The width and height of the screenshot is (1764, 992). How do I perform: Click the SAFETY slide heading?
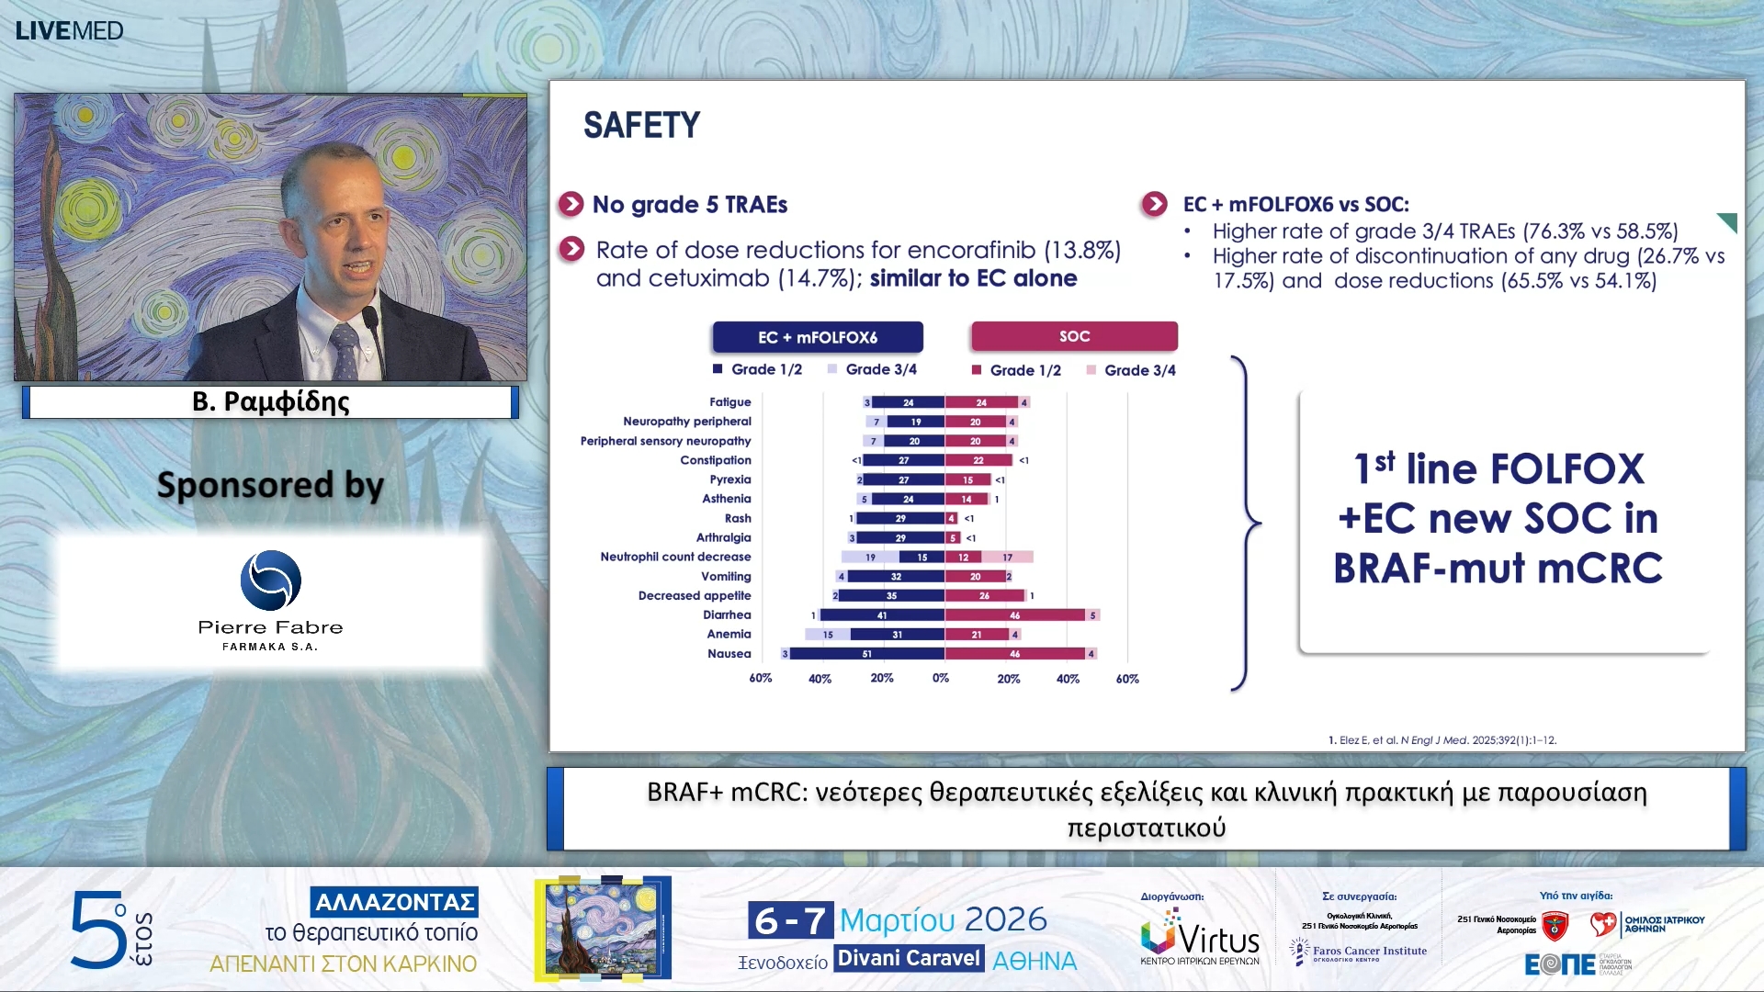click(x=641, y=125)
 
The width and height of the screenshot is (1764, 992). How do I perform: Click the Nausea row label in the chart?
click(x=729, y=654)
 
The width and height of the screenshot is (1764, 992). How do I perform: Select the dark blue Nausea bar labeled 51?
click(x=866, y=654)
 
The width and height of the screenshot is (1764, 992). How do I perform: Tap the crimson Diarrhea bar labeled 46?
click(x=1014, y=615)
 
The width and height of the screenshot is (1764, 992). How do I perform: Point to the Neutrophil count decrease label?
click(x=675, y=557)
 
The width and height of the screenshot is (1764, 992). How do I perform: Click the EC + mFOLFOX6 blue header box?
click(x=817, y=337)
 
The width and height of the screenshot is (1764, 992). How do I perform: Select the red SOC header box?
click(x=1073, y=336)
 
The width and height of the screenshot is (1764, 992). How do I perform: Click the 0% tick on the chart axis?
click(x=941, y=679)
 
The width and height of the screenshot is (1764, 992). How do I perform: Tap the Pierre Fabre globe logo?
click(x=270, y=581)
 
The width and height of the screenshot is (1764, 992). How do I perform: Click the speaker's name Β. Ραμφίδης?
click(x=270, y=401)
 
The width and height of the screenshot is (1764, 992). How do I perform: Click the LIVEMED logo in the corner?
click(x=69, y=30)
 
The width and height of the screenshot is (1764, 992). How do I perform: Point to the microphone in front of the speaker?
click(x=371, y=321)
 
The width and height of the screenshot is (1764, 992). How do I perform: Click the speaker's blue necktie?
click(x=345, y=349)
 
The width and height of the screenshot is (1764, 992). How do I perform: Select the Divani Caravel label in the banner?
click(x=909, y=958)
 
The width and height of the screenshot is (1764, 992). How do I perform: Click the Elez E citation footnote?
click(x=1442, y=740)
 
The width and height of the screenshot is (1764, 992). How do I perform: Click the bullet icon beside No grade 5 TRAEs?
click(x=571, y=204)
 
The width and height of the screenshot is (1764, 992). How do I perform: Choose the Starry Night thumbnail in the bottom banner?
click(x=603, y=928)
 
